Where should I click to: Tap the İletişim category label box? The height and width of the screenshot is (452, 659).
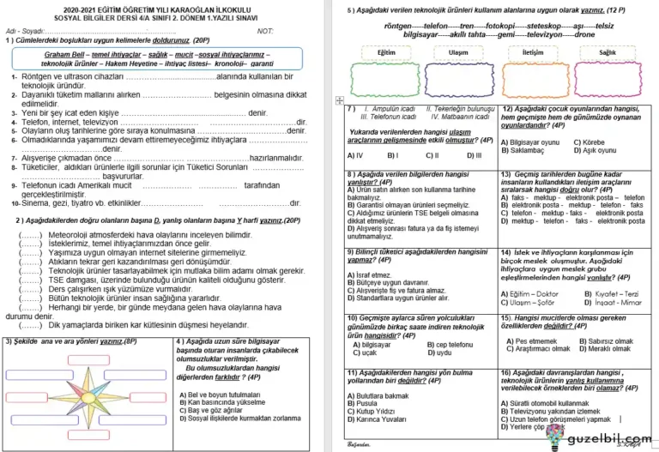coord(533,52)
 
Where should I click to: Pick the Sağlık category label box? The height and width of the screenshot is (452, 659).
coord(608,53)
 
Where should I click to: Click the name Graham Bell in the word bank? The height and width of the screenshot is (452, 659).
coord(67,53)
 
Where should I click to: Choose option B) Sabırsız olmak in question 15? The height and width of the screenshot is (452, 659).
coord(608,341)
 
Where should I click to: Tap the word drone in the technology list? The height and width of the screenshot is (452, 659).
coord(584,35)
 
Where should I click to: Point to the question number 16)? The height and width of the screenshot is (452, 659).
coord(508,372)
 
